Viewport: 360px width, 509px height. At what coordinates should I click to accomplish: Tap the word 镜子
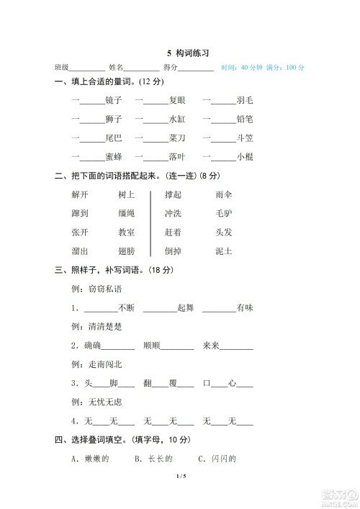[114, 100]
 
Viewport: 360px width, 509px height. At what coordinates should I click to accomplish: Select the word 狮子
[114, 119]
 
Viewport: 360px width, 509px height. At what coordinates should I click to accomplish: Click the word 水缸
[177, 119]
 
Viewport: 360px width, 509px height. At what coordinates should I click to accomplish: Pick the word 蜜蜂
[114, 156]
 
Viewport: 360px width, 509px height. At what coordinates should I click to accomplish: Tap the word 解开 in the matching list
[80, 194]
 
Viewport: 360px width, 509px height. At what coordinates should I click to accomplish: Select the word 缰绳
[127, 213]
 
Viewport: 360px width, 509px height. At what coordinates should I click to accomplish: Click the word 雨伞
[224, 194]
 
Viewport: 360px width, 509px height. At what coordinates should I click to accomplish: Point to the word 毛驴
[224, 213]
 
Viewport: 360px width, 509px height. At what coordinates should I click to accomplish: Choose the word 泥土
[224, 251]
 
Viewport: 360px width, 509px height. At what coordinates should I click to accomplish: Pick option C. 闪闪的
[217, 458]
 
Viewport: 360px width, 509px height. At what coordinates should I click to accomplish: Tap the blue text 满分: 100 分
[286, 67]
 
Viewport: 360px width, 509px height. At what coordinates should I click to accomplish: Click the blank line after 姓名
[143, 68]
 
